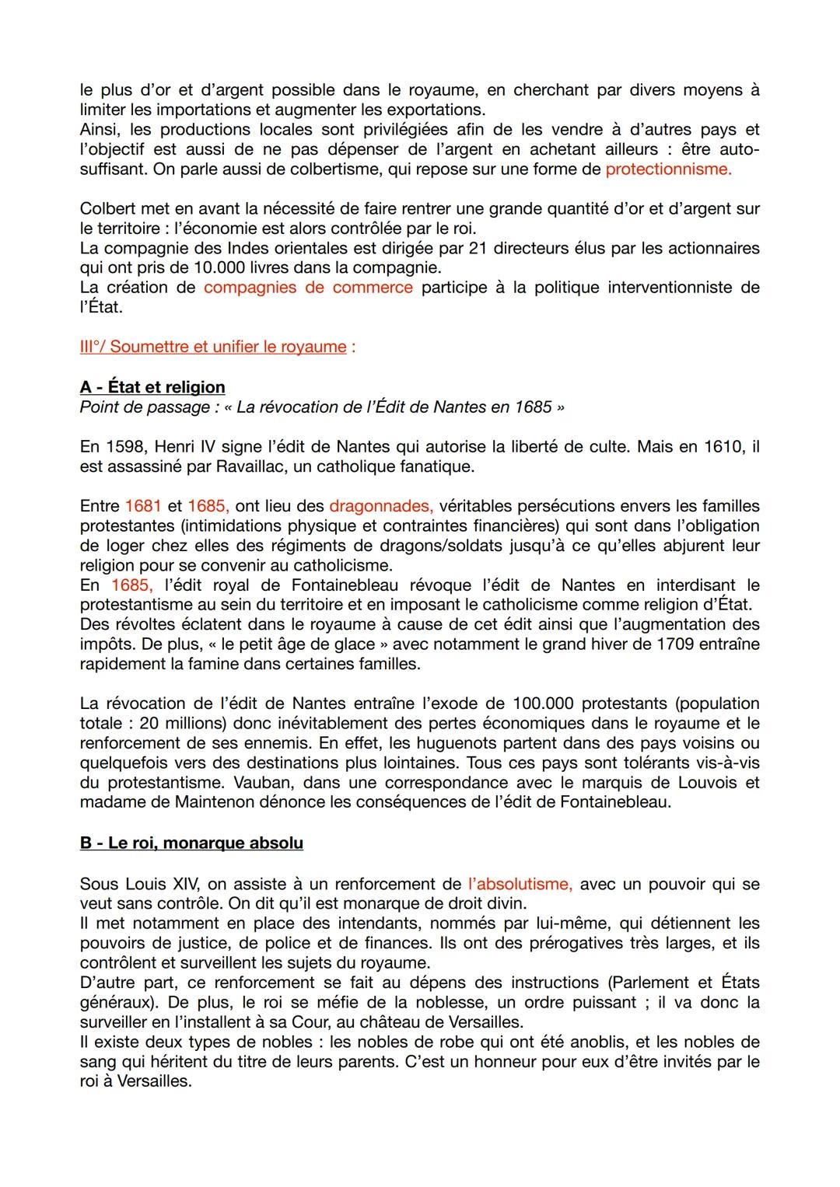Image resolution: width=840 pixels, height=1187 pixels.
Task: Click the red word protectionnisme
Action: point(668,169)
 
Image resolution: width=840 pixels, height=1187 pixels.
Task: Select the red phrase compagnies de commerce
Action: point(308,288)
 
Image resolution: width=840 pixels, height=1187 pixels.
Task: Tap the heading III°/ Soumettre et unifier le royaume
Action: point(213,347)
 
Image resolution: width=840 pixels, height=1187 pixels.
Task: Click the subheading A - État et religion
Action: point(152,387)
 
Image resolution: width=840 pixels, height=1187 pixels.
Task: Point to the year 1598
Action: point(124,447)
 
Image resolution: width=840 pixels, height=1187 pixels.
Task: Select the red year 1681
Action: point(143,506)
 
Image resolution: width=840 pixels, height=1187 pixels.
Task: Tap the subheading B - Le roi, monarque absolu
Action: point(191,843)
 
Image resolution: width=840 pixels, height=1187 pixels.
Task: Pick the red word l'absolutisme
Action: point(520,884)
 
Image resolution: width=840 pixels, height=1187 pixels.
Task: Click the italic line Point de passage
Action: point(321,407)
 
